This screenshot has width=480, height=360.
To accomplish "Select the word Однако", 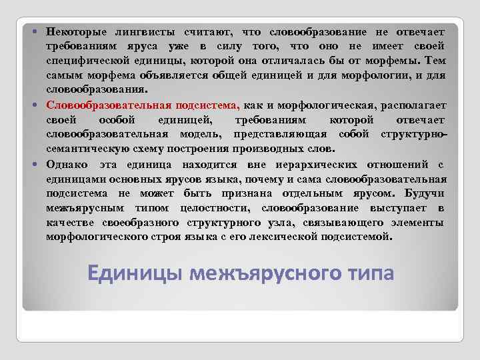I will (64, 164).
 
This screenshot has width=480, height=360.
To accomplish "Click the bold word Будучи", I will (426, 193).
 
